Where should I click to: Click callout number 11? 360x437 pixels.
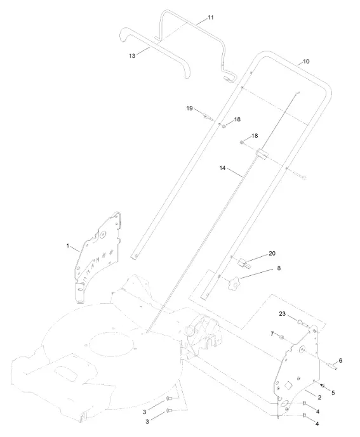211,18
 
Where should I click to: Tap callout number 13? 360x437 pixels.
132,56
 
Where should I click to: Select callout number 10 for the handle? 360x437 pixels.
306,62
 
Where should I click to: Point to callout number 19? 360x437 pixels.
189,108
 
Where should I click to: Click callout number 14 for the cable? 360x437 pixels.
222,168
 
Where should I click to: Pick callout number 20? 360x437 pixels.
272,253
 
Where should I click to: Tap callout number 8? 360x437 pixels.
279,268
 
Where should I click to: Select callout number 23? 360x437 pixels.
283,313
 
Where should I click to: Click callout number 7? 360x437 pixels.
272,334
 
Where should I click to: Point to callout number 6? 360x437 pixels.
340,361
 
